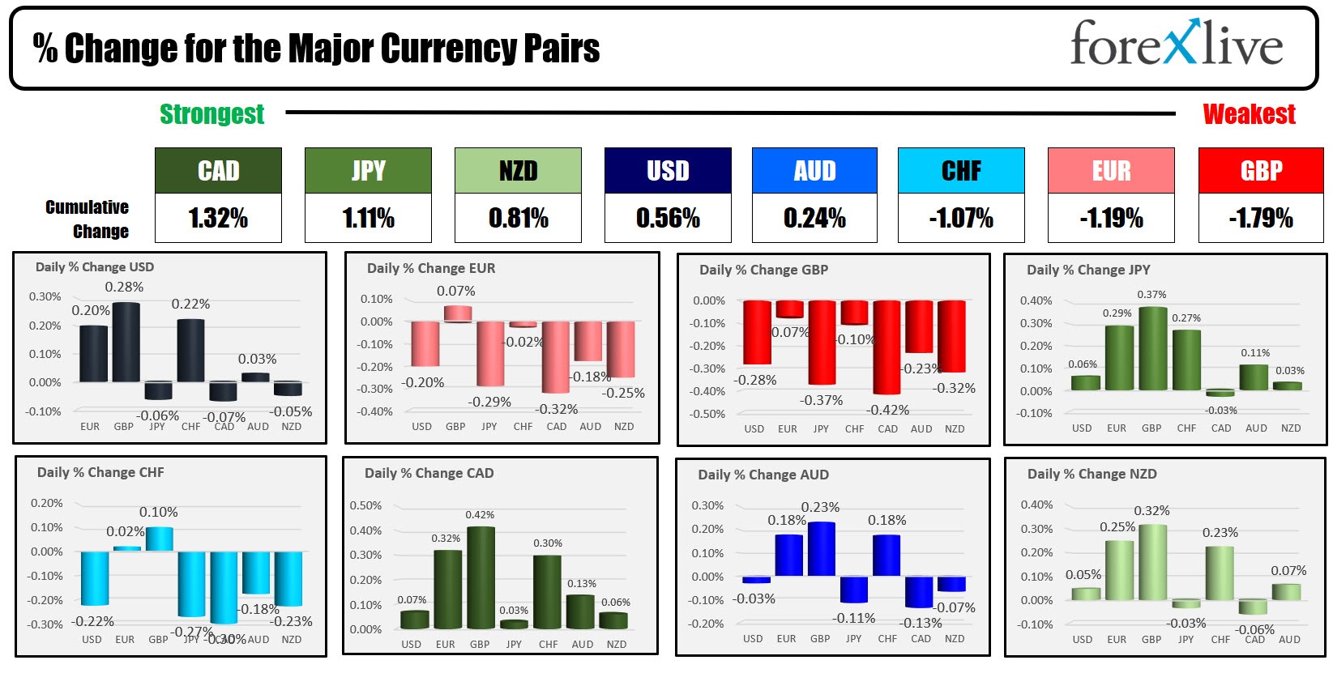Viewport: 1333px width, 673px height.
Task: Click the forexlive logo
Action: tap(1176, 44)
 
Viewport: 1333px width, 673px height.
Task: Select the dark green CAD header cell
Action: tap(218, 171)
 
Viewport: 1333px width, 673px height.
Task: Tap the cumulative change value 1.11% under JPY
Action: tap(368, 218)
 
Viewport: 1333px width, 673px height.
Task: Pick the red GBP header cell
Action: tap(1261, 171)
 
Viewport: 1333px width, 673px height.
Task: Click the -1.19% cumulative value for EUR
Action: tap(1111, 218)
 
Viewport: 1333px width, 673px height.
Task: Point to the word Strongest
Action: tap(211, 114)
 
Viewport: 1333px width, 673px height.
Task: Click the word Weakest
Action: tap(1249, 114)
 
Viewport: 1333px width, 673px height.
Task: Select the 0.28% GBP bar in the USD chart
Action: tap(126, 342)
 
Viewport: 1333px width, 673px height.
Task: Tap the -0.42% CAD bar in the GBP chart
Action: tap(887, 347)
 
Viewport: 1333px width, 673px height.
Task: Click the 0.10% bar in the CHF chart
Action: tap(159, 539)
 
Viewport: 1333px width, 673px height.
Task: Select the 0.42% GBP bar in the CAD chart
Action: tap(481, 577)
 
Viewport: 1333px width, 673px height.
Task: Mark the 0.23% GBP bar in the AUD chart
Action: tap(821, 549)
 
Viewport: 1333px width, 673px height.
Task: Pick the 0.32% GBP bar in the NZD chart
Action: tap(1152, 562)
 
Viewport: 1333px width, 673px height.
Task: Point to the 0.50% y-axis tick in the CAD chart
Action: tap(365, 505)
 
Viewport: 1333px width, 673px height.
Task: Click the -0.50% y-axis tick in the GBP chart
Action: tap(709, 414)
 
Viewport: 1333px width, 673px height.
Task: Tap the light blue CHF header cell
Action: tap(961, 171)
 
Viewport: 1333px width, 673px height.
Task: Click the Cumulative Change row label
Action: tap(88, 219)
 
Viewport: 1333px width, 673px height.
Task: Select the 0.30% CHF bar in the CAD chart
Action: tap(548, 592)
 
